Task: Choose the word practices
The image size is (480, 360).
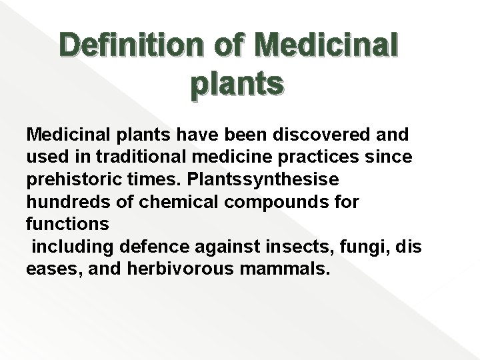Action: (325, 157)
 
